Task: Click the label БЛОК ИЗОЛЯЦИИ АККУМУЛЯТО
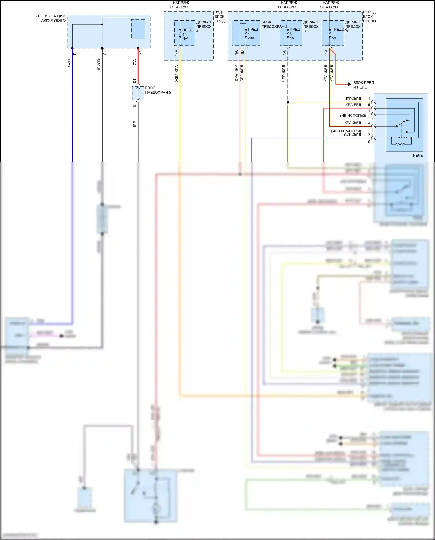pyautogui.click(x=50, y=18)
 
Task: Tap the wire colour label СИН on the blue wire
pyautogui.click(x=69, y=63)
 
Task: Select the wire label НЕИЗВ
pyautogui.click(x=99, y=66)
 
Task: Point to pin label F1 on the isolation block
pyautogui.click(x=141, y=53)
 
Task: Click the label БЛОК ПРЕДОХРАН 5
pyautogui.click(x=158, y=90)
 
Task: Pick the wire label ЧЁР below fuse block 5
pyautogui.click(x=135, y=124)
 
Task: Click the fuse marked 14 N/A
pyautogui.click(x=180, y=33)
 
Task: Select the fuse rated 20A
pyautogui.click(x=246, y=33)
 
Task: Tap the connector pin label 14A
pyautogui.click(x=176, y=53)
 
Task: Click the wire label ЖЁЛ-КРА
pyautogui.click(x=177, y=73)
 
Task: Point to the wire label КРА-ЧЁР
pyautogui.click(x=236, y=73)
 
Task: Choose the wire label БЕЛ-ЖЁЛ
pyautogui.click(x=242, y=73)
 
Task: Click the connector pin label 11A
pyautogui.click(x=326, y=53)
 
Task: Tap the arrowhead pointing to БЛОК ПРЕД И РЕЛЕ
pyautogui.click(x=349, y=84)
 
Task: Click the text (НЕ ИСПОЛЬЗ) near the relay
pyautogui.click(x=353, y=115)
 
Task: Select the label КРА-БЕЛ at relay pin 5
pyautogui.click(x=353, y=105)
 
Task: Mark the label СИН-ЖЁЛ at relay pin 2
pyautogui.click(x=352, y=135)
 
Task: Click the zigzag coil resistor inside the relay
pyautogui.click(x=401, y=143)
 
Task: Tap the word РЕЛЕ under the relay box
pyautogui.click(x=418, y=156)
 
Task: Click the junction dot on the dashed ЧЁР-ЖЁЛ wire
pyautogui.click(x=288, y=102)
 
